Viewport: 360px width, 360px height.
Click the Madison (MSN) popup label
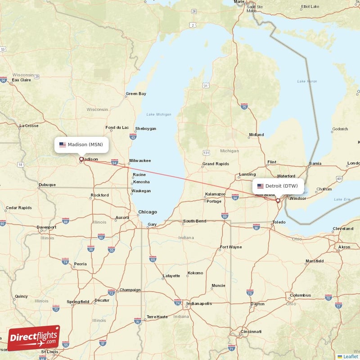coord(81,144)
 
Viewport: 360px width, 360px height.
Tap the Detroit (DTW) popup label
coord(278,186)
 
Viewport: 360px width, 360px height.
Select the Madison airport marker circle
coord(81,159)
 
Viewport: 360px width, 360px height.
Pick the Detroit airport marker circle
coord(278,201)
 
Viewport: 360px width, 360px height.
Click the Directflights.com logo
coord(34,338)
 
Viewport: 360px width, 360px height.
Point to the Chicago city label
coord(148,212)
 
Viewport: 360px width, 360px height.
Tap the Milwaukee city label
coord(140,161)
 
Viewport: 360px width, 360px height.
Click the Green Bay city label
coord(136,94)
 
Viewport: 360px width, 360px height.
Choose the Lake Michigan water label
coord(158,114)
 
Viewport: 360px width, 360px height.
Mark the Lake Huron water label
coord(307,81)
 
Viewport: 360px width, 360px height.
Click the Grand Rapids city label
coord(215,164)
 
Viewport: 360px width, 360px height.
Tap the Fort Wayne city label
coord(230,247)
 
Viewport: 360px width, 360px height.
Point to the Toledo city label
coord(279,222)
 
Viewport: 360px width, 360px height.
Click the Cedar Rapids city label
coord(19,208)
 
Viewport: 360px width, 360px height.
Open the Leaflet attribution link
coord(350,356)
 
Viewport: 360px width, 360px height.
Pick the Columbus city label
coord(300,295)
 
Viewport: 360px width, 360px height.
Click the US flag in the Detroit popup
coord(260,186)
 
